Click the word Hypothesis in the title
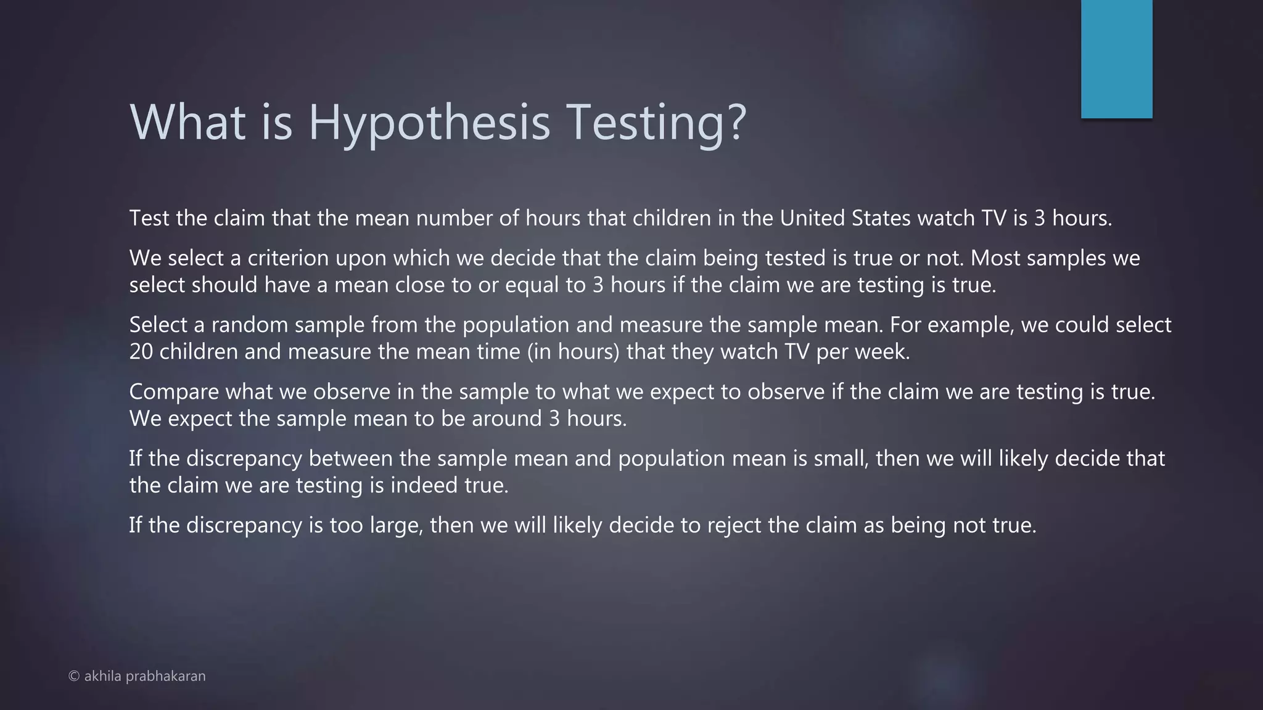click(429, 122)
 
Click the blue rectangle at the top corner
click(1116, 59)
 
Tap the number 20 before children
click(141, 352)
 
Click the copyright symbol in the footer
click(74, 676)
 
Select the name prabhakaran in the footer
click(165, 676)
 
